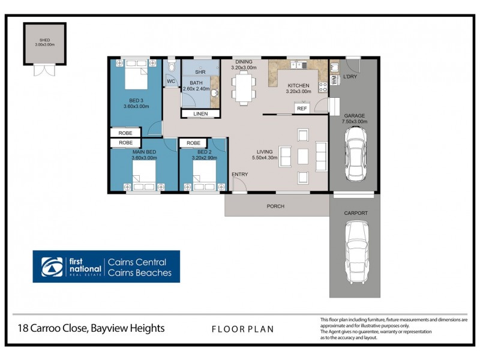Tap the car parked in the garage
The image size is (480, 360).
point(353,155)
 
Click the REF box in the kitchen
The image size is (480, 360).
point(302,108)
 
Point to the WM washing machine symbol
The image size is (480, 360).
point(334,79)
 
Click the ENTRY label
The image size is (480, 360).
point(240,174)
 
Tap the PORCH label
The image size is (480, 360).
point(275,206)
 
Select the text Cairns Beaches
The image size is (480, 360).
point(139,273)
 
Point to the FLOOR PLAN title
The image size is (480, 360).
point(242,329)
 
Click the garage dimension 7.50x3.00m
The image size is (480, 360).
point(355,122)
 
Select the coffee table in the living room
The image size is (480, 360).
point(303,156)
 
